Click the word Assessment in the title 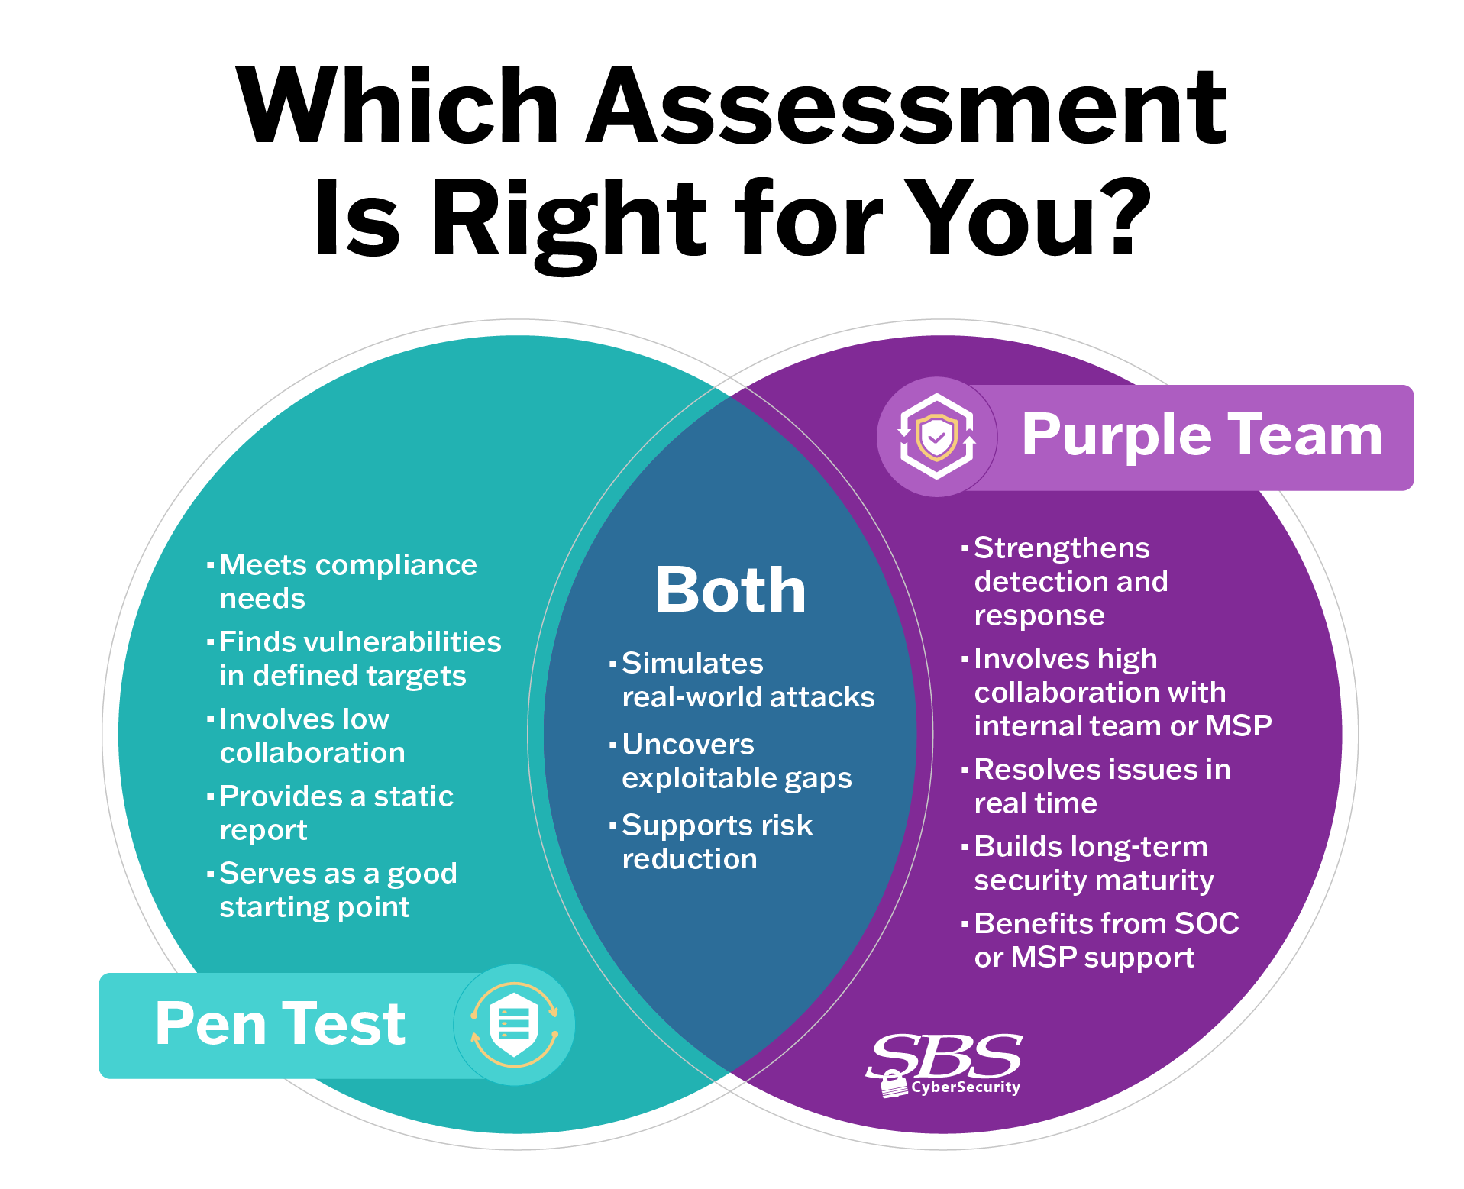(x=907, y=107)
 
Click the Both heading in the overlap (x=730, y=590)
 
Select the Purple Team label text (x=1201, y=435)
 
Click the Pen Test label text (x=280, y=1024)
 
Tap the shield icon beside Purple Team (x=936, y=438)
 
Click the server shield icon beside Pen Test (x=514, y=1025)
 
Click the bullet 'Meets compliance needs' (x=347, y=581)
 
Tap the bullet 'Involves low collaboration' (x=312, y=735)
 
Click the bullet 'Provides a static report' (x=336, y=813)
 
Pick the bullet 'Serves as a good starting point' (x=338, y=890)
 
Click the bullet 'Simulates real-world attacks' (x=748, y=680)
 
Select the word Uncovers (x=688, y=745)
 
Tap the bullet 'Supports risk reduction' (x=716, y=842)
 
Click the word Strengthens (x=1062, y=548)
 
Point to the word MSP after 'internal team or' (x=1238, y=725)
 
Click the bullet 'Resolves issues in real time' (x=1101, y=786)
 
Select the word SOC (x=1207, y=924)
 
